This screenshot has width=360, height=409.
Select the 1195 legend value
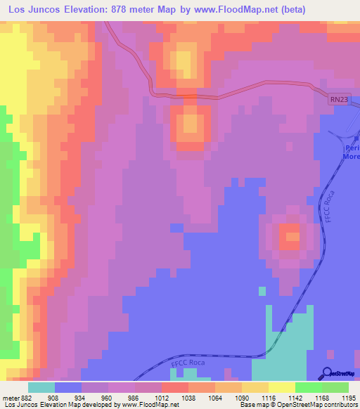(x=350, y=398)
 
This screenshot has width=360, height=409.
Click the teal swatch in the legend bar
(x=41, y=387)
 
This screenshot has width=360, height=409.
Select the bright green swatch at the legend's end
(x=335, y=387)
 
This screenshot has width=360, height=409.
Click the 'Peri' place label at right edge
(x=352, y=148)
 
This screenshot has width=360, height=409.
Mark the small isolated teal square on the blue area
(x=262, y=290)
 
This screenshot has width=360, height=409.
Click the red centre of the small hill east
(x=288, y=236)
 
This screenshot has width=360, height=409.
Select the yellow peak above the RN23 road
(x=184, y=62)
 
